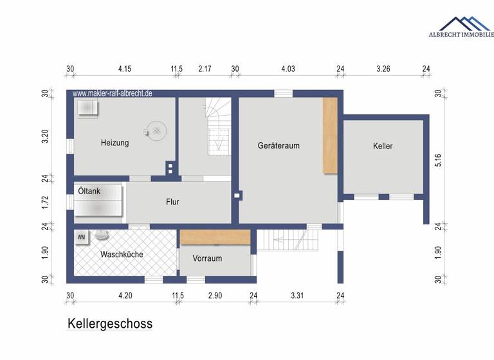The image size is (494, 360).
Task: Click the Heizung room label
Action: click(x=114, y=143)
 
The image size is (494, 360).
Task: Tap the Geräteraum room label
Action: click(x=279, y=146)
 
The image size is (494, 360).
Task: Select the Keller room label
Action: click(x=383, y=146)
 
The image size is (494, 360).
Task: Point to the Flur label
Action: click(x=172, y=202)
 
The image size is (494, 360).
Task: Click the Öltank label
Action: click(x=89, y=191)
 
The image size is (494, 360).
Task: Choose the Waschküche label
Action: click(x=121, y=255)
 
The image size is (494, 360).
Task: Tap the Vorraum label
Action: click(x=207, y=258)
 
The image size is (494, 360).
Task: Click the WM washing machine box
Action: click(x=82, y=237)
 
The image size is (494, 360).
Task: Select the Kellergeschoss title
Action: click(x=110, y=323)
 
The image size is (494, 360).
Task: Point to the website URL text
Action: click(x=113, y=93)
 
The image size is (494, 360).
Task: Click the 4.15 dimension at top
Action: click(x=125, y=69)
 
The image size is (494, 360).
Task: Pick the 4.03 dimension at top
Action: click(x=288, y=69)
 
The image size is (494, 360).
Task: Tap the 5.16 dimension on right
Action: click(x=437, y=160)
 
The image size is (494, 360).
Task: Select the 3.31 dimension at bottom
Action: click(x=297, y=296)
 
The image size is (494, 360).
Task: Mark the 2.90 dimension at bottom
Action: click(x=215, y=296)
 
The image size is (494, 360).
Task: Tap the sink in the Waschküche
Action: click(x=102, y=235)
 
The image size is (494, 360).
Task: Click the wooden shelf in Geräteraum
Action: click(x=330, y=135)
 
